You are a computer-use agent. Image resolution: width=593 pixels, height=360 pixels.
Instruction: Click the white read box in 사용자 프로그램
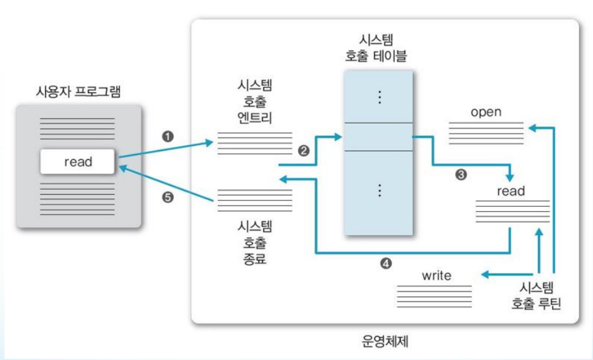78,162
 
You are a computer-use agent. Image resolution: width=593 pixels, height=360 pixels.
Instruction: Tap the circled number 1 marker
168,136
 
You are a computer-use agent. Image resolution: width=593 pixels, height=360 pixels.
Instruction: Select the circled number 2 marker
304,151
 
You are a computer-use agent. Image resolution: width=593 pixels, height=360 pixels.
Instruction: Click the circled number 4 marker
386,263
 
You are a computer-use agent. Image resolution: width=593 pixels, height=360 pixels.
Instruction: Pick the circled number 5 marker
168,198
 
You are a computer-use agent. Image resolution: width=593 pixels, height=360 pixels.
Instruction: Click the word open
486,112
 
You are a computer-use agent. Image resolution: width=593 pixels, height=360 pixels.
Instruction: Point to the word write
437,276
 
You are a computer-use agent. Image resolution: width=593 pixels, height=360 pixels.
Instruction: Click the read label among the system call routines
511,191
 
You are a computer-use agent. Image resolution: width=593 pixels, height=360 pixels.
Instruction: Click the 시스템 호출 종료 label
255,243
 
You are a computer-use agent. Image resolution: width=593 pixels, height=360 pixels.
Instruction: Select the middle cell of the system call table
378,136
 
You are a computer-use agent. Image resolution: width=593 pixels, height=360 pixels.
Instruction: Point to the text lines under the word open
485,132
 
